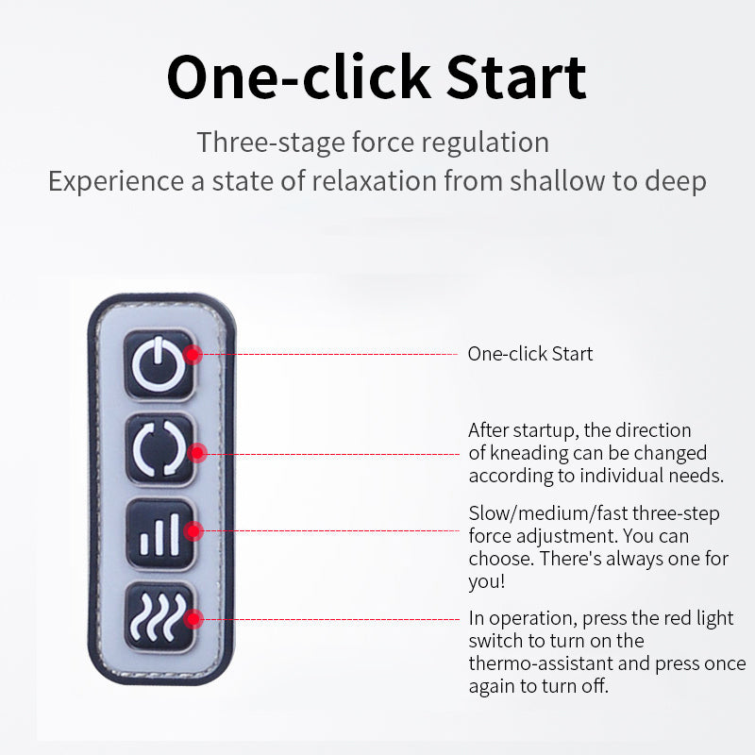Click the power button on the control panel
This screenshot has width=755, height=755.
tap(159, 364)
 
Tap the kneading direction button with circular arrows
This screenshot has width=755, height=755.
tap(159, 449)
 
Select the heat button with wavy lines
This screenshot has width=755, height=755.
tap(159, 617)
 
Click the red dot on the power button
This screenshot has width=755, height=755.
tap(193, 355)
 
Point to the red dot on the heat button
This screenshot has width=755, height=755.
tap(193, 619)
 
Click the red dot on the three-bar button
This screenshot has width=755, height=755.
tap(193, 531)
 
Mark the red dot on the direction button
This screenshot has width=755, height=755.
tap(197, 453)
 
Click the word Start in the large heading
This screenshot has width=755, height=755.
tap(515, 77)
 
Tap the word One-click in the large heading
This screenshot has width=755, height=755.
tap(298, 77)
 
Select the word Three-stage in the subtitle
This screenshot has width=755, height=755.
tap(271, 143)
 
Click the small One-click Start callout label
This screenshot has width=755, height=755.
tap(530, 354)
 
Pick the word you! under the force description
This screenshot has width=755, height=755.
tap(487, 581)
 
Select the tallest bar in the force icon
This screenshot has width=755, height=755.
tap(175, 534)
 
